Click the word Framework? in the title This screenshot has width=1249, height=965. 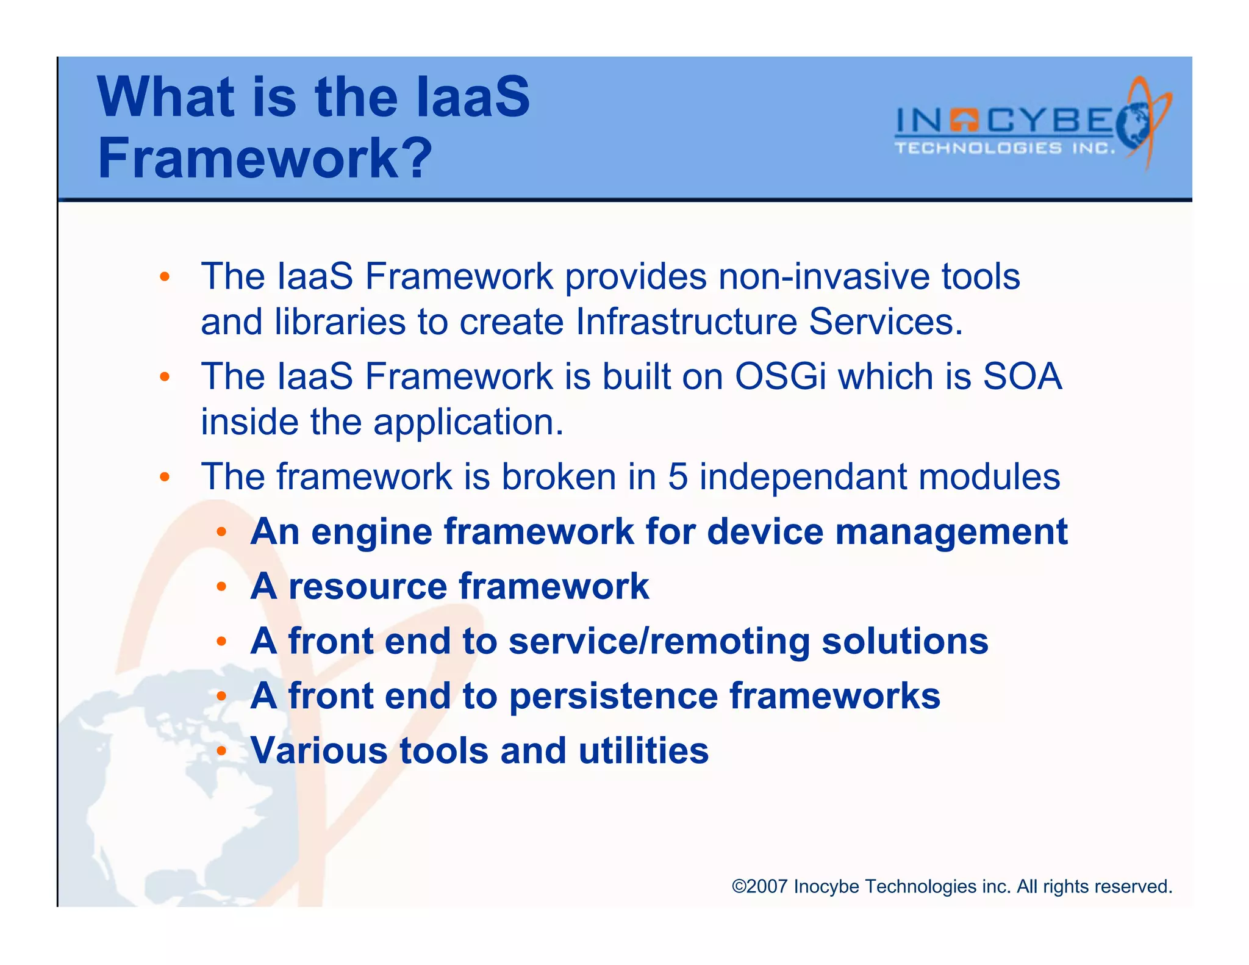tap(265, 158)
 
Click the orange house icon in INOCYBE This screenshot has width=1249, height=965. tap(964, 120)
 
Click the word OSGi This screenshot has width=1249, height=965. tap(781, 376)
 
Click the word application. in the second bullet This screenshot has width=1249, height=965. tap(468, 423)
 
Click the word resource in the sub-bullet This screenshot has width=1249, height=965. tap(367, 587)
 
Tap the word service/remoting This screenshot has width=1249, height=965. tap(659, 642)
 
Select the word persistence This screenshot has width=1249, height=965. tap(613, 697)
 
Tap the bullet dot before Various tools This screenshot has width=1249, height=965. tap(222, 750)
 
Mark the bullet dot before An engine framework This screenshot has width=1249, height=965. tap(222, 532)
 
